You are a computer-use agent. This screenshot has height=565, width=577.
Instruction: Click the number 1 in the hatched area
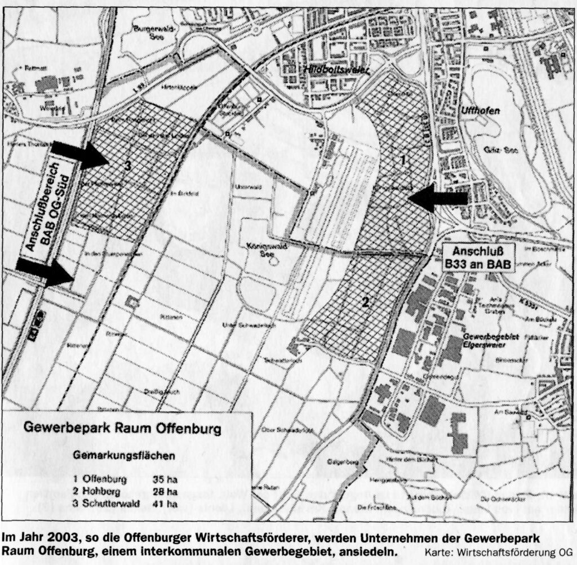point(402,160)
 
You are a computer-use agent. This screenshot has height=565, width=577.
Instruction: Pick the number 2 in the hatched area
point(365,302)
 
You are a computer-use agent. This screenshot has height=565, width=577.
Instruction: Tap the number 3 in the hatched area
point(128,166)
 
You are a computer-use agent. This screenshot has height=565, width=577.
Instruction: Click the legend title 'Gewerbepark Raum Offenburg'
point(122,427)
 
